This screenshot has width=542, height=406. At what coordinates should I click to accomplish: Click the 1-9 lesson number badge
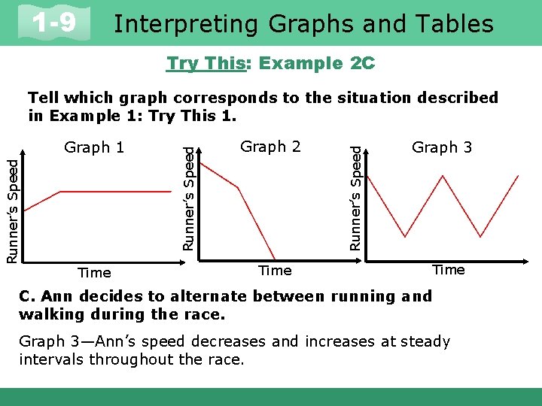53,24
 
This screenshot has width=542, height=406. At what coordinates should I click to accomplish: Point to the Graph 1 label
94,147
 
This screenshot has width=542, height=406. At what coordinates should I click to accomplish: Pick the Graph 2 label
270,147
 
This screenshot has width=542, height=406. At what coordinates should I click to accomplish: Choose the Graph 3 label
442,147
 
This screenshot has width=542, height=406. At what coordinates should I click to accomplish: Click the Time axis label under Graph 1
94,273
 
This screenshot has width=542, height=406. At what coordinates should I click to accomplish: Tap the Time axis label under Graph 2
275,270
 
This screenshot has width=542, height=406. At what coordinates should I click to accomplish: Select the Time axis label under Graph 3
449,270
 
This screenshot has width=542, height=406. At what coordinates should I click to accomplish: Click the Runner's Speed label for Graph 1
12,204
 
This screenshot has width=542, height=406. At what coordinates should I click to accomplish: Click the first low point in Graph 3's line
406,236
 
